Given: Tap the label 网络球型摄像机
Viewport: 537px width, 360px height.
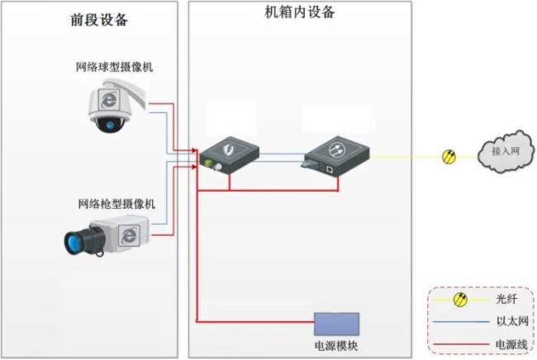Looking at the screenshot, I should pyautogui.click(x=116, y=68).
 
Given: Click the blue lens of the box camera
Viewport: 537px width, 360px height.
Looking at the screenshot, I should pyautogui.click(x=76, y=241).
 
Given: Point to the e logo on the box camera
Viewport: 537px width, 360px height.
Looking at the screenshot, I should pyautogui.click(x=130, y=234).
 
